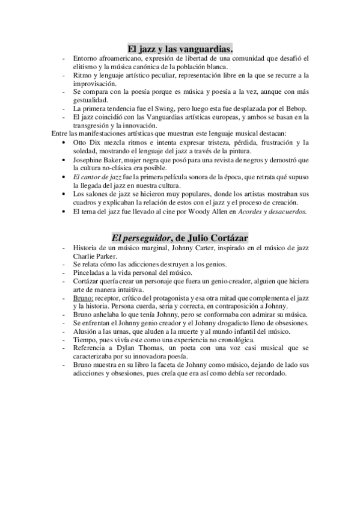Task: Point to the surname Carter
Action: pyautogui.click(x=195, y=247)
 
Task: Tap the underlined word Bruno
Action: pyautogui.click(x=84, y=298)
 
